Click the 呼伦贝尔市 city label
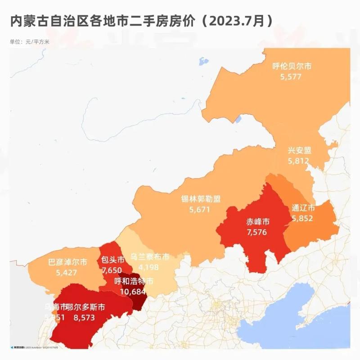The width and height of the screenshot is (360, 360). coord(292,67)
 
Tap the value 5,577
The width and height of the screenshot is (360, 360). coord(290,77)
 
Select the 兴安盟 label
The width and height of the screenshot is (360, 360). coord(300,150)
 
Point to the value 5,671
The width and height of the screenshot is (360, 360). coord(200,209)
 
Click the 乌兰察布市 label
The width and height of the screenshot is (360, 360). coord(150,256)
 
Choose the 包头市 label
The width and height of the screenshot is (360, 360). coord(113,261)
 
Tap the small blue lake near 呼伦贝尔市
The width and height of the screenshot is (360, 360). coord(204,60)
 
